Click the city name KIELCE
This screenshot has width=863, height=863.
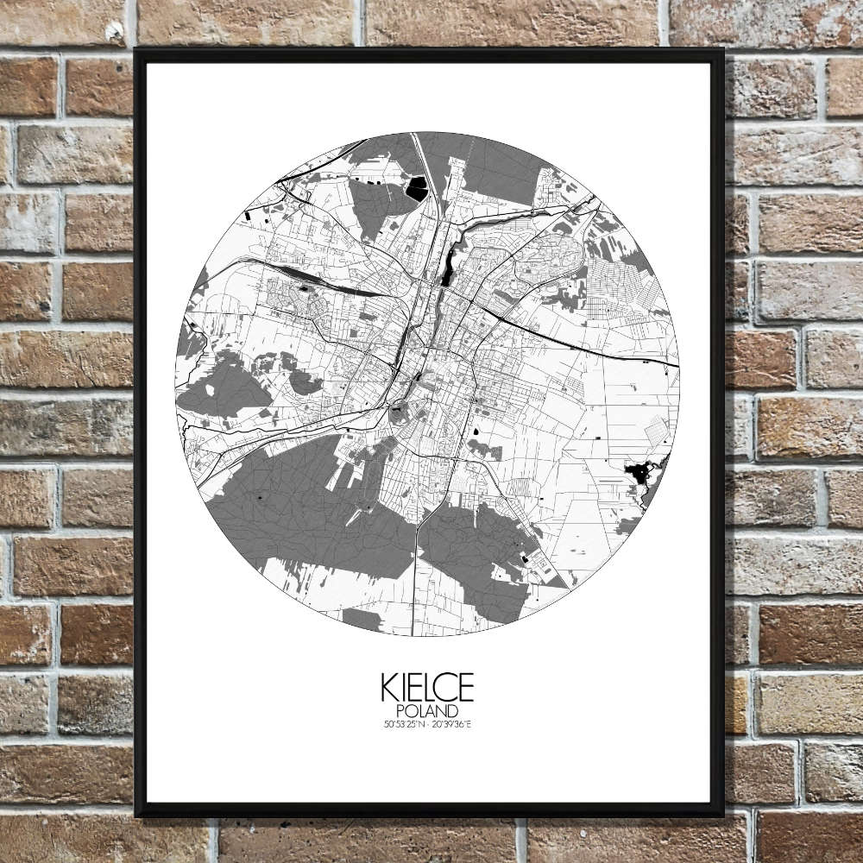point(426,688)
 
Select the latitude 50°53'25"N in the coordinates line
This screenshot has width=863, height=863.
point(403,723)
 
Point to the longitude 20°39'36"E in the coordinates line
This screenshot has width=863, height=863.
point(451,723)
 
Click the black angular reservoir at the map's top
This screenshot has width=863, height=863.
point(417,188)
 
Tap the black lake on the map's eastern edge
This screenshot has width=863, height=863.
point(639,473)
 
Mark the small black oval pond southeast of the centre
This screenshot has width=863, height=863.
point(474,429)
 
